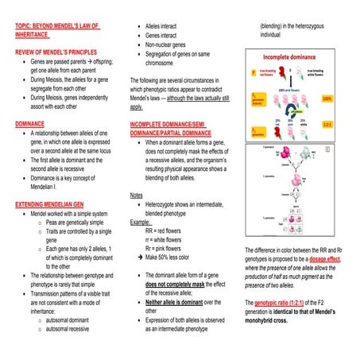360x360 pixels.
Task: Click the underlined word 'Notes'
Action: pos(136,194)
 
